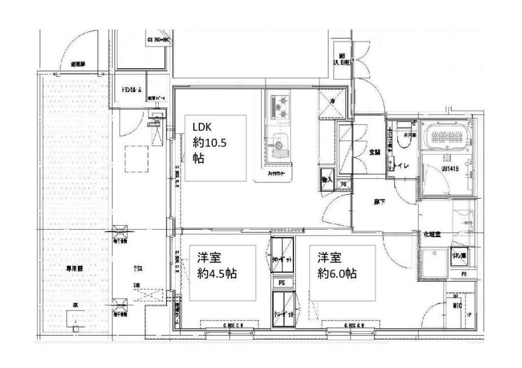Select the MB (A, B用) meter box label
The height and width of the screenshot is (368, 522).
pos(342,60)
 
